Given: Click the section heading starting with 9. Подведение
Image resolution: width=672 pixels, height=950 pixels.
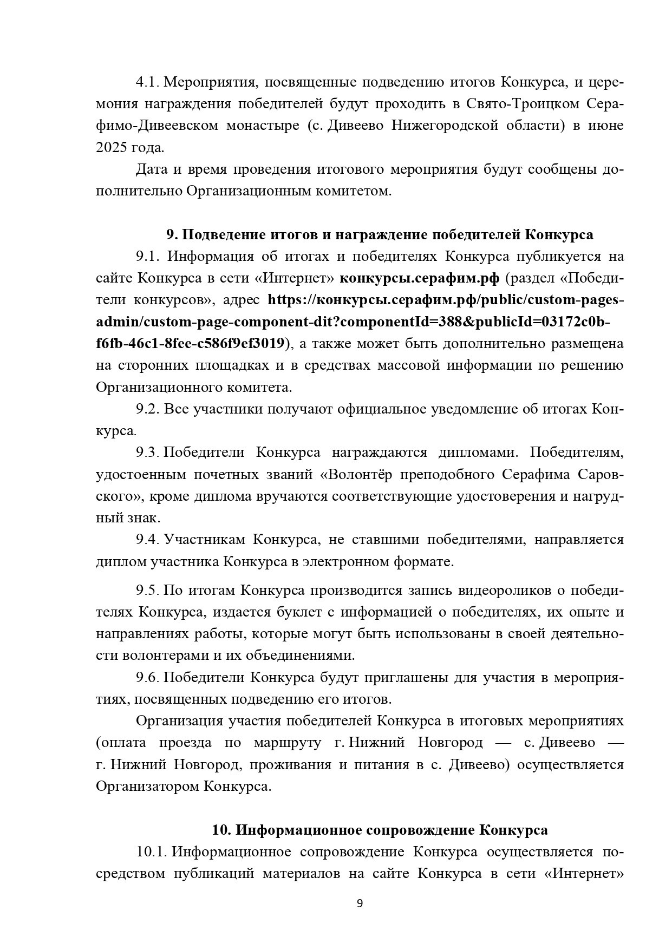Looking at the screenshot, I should coord(379,234).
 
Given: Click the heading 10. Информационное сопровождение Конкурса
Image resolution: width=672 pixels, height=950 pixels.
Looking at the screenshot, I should coord(379,830).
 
